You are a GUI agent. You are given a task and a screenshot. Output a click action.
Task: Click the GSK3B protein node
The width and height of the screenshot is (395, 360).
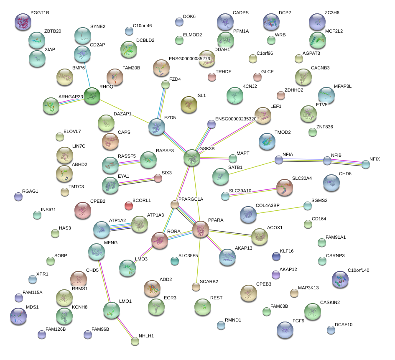click(x=192, y=158)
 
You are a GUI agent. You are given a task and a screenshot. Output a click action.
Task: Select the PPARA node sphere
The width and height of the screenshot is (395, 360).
click(x=201, y=229)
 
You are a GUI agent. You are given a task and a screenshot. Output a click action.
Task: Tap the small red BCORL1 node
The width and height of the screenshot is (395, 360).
click(x=129, y=206)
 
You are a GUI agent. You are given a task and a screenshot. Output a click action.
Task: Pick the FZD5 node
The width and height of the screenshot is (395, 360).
click(x=157, y=127)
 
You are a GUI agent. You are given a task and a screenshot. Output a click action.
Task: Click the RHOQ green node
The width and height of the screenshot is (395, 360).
click(x=92, y=95)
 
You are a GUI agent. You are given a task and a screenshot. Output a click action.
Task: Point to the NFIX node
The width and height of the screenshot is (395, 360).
click(x=366, y=164)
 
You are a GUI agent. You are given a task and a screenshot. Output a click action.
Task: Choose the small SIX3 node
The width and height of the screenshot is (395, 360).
click(x=158, y=179)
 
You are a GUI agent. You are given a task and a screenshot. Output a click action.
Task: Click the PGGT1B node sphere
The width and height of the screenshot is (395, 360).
click(x=23, y=22)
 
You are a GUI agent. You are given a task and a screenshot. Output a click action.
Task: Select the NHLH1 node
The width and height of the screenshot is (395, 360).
click(x=135, y=341)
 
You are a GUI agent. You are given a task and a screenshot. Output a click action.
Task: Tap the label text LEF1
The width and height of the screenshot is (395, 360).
click(x=276, y=107)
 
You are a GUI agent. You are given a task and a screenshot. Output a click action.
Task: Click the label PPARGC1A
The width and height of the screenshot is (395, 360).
click(x=191, y=199)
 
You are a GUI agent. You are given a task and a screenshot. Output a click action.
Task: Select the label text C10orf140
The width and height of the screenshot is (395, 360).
click(x=359, y=270)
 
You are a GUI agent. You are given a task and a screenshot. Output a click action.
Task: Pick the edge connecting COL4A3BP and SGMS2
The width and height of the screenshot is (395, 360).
click(x=278, y=210)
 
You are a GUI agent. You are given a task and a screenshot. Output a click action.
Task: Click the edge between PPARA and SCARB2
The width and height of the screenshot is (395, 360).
click(x=198, y=259)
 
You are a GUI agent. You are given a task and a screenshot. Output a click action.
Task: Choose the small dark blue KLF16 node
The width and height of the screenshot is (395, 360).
click(x=276, y=256)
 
